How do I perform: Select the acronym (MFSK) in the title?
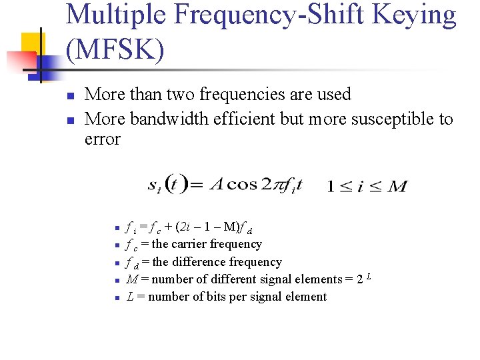(115, 49)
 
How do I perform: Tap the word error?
(102, 139)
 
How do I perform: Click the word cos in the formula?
(243, 184)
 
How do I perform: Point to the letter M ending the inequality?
(397, 187)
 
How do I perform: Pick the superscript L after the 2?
(368, 276)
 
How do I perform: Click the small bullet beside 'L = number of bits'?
(116, 297)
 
